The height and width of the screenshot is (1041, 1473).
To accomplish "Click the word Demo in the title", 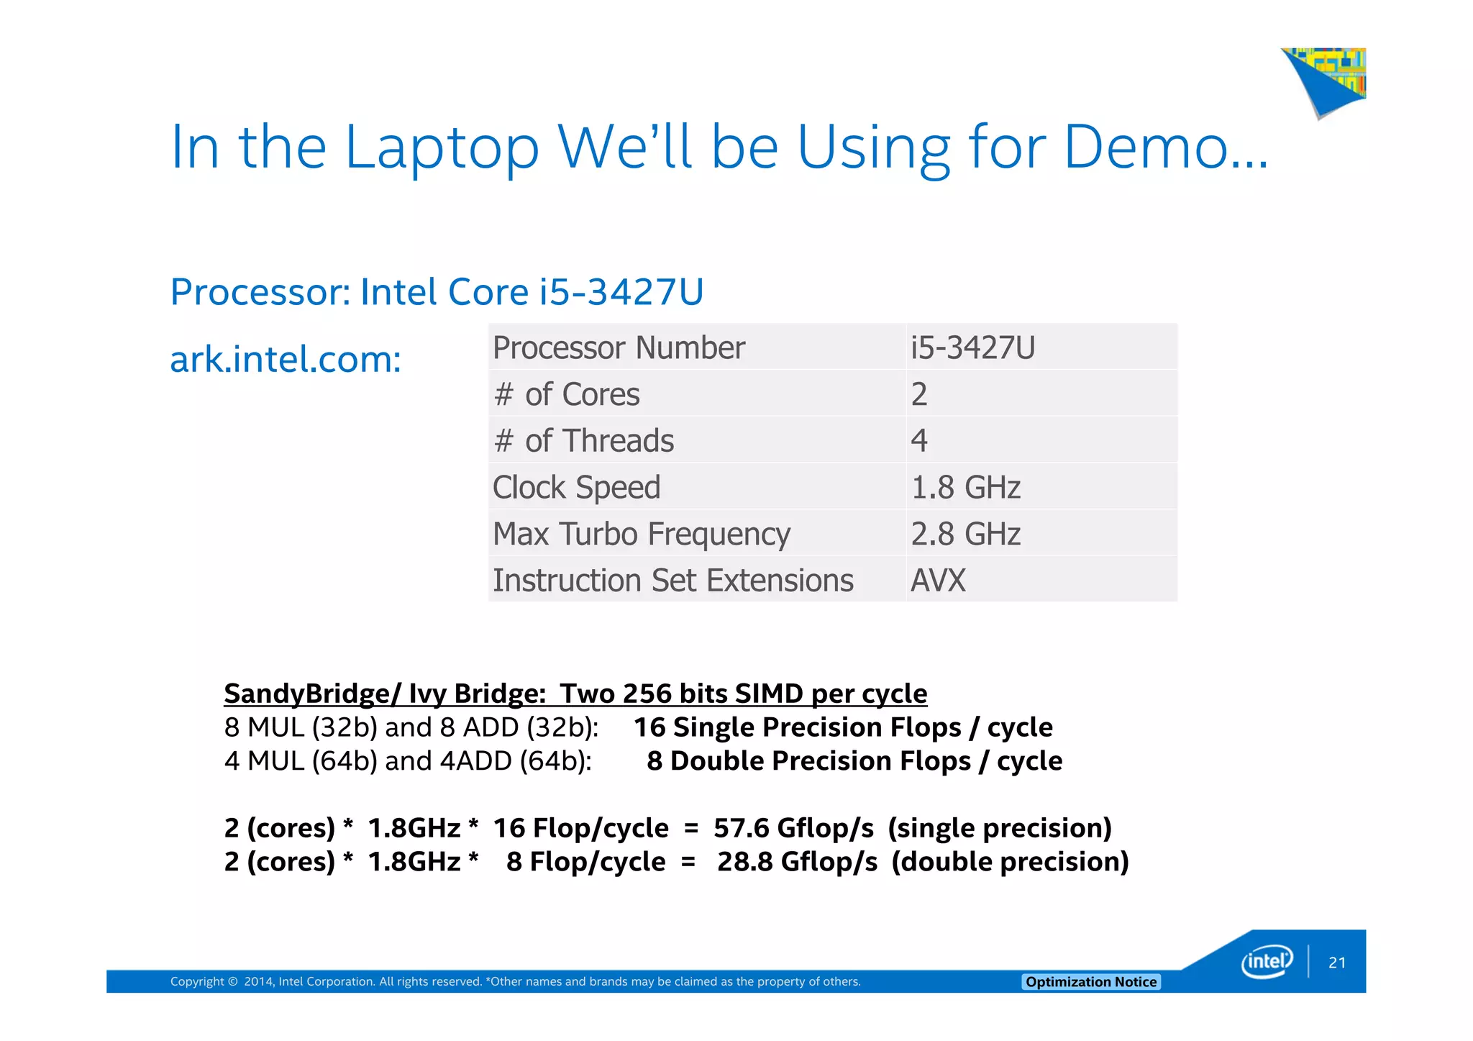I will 1145,147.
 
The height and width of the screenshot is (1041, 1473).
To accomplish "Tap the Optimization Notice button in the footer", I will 1090,982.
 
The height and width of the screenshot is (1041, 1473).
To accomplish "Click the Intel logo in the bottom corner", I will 1267,962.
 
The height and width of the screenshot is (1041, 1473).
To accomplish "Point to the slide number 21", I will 1337,963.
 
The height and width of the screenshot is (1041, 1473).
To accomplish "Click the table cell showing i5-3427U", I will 972,348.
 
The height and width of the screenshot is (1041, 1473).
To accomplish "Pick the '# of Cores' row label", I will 567,395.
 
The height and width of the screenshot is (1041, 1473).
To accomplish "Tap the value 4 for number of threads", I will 919,441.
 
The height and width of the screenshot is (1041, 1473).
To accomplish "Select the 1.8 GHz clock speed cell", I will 965,488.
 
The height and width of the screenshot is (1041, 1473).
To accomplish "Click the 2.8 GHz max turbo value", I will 965,535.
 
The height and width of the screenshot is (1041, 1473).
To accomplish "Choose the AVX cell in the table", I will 938,581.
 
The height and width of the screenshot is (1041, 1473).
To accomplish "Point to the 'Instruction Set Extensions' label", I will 672,581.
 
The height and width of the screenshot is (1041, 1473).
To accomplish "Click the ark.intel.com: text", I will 286,359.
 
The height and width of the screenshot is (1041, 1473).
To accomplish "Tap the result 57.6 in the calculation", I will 741,828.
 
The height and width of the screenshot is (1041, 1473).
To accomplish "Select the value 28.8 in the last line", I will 744,862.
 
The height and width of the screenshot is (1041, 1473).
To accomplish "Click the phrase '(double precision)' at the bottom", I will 1010,862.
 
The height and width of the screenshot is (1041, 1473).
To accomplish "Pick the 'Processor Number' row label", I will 619,348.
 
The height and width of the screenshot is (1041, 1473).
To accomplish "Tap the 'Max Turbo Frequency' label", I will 641,535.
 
